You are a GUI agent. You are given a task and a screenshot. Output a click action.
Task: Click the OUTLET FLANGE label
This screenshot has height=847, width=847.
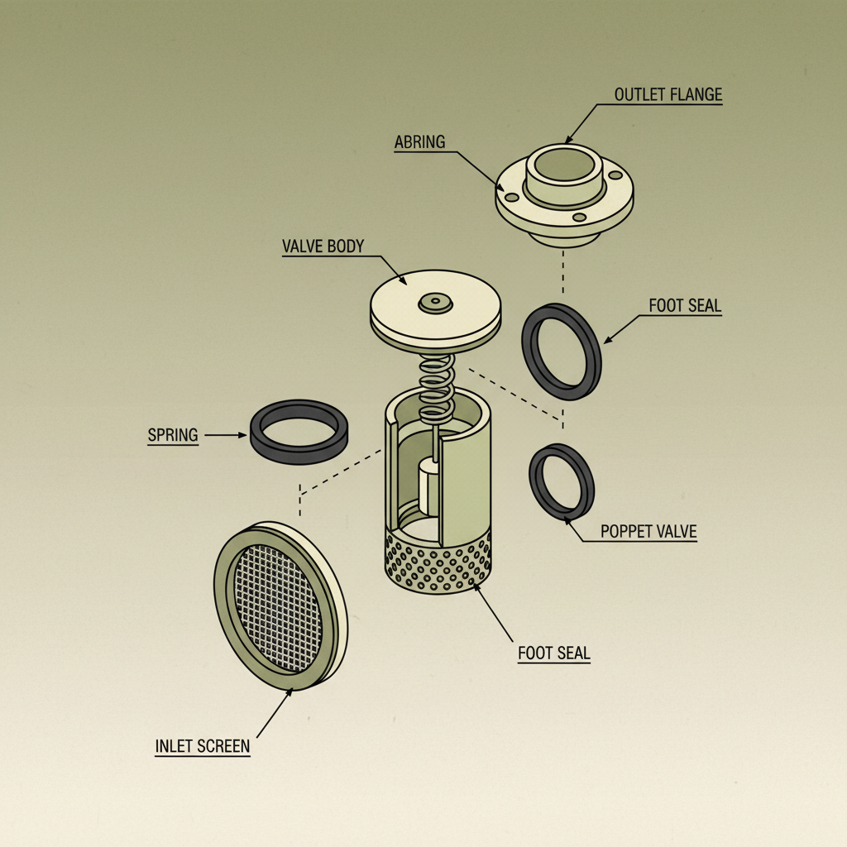pos(668,95)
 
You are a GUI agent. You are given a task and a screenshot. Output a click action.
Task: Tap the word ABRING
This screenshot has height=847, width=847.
pos(419,142)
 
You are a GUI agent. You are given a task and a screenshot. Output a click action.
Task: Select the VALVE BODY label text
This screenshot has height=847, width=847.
pos(323,246)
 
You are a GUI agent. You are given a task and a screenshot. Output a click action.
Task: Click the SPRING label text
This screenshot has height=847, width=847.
pos(173,434)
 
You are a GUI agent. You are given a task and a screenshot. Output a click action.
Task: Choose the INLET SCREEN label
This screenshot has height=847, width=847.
pos(202,746)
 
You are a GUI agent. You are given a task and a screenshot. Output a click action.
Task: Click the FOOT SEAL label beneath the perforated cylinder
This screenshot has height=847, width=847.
pos(554,653)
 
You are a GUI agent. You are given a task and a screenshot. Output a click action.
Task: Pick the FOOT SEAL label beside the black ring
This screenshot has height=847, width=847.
pos(685,306)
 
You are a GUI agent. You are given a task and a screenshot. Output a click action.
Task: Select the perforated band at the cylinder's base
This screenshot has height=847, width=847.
pos(438,562)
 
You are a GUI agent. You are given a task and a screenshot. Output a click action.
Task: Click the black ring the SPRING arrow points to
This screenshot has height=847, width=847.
pos(299,432)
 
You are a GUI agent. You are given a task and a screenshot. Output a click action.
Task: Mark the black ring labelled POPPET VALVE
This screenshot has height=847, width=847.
pos(562,480)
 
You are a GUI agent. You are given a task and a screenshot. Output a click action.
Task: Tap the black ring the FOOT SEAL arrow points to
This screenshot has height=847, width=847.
pos(562,352)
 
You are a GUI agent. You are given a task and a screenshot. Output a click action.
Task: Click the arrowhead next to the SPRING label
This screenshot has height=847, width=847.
pos(245,434)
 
